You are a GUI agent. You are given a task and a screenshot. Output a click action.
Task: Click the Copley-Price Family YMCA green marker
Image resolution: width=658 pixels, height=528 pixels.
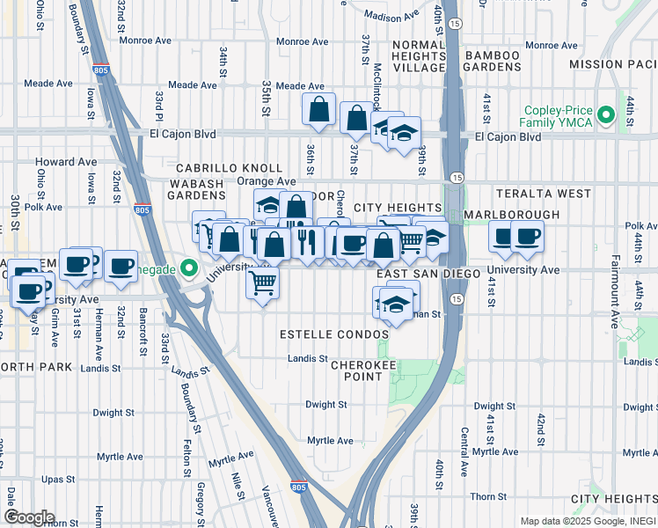click(x=605, y=115)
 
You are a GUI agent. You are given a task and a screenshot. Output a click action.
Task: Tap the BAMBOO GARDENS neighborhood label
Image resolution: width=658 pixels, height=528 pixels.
click(x=486, y=62)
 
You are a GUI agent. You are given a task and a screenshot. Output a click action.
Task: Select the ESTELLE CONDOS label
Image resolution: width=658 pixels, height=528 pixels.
click(x=333, y=335)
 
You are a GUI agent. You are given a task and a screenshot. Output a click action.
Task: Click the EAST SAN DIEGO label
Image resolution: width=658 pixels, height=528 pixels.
click(x=428, y=275)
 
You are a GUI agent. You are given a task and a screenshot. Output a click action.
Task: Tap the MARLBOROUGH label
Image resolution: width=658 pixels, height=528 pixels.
click(x=511, y=215)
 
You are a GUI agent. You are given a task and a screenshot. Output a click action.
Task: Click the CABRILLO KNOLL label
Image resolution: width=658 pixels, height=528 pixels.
click(x=229, y=168)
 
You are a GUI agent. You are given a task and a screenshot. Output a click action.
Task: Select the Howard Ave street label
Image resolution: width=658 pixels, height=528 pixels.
click(x=66, y=162)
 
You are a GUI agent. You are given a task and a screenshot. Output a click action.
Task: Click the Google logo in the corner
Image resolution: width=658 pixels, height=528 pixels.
click(x=28, y=517)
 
